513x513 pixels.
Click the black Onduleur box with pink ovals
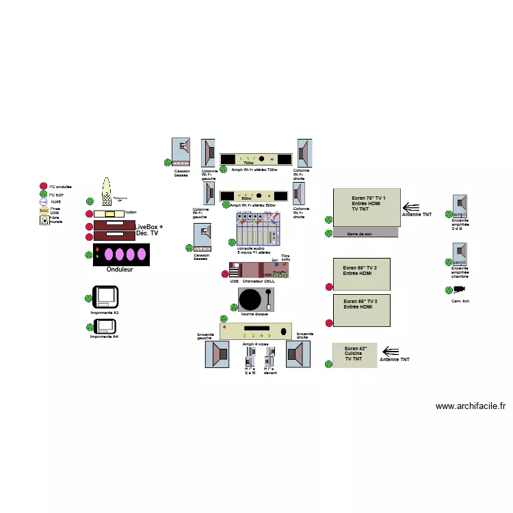[121, 254]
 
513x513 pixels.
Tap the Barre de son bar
[365, 233]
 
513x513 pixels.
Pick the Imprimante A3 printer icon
[105, 297]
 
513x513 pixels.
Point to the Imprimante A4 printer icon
[105, 325]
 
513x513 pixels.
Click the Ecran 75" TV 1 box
[366, 207]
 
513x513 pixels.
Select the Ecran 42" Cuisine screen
[354, 355]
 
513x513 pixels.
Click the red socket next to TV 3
[328, 323]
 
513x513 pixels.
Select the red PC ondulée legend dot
[44, 186]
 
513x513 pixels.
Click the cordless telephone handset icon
[106, 192]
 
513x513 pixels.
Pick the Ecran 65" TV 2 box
[362, 274]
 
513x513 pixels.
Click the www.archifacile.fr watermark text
[470, 406]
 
